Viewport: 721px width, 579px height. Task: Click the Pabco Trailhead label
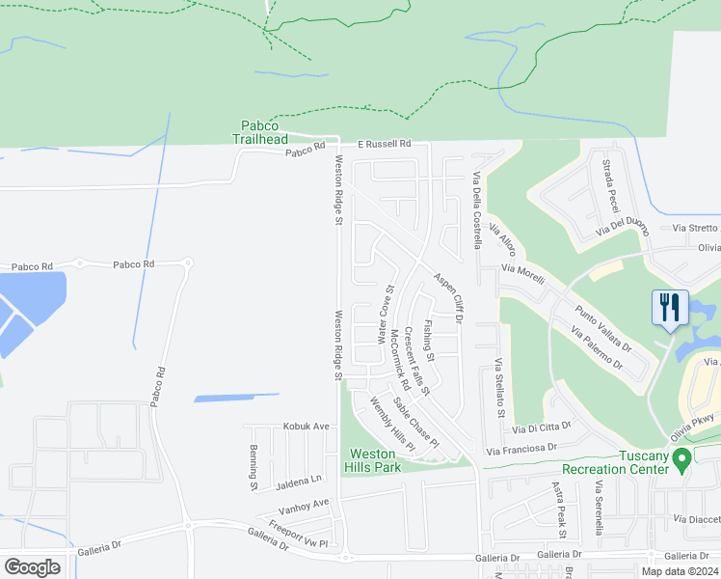coord(260,131)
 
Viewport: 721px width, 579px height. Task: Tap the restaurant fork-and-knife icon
coord(670,308)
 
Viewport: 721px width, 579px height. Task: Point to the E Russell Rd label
coord(385,144)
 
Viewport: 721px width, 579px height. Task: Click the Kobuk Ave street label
coord(307,426)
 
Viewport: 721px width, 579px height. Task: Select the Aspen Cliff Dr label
coord(447,295)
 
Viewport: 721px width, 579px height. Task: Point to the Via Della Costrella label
coord(475,209)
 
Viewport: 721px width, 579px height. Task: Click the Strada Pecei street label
coord(609,186)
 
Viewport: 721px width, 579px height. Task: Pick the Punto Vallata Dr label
coord(602,329)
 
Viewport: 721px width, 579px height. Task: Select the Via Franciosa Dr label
coord(521,449)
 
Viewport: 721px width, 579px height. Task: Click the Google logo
coord(32,566)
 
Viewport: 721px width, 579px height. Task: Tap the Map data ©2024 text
coord(679,571)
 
